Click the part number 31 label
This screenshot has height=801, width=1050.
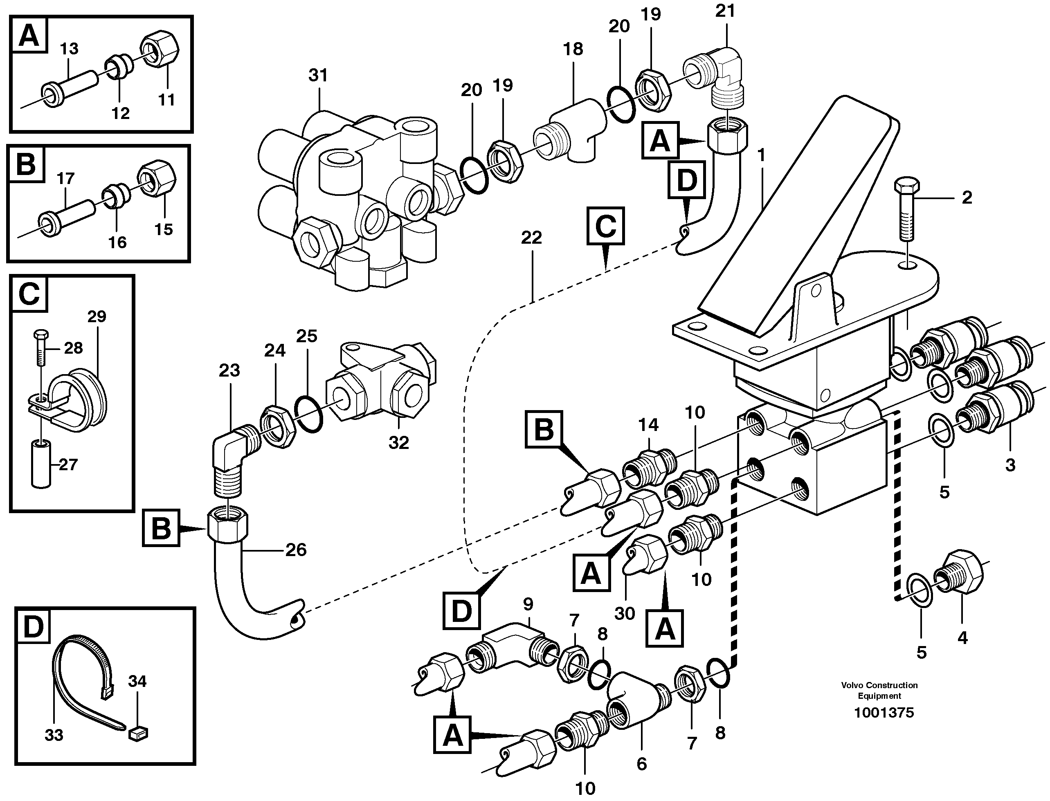tap(318, 75)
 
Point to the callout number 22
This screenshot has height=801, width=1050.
tap(531, 238)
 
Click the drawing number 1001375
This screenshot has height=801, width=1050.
tap(884, 713)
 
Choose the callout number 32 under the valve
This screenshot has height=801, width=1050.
tap(399, 443)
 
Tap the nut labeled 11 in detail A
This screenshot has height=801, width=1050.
tap(160, 51)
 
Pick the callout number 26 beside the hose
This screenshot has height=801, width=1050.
tap(295, 550)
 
